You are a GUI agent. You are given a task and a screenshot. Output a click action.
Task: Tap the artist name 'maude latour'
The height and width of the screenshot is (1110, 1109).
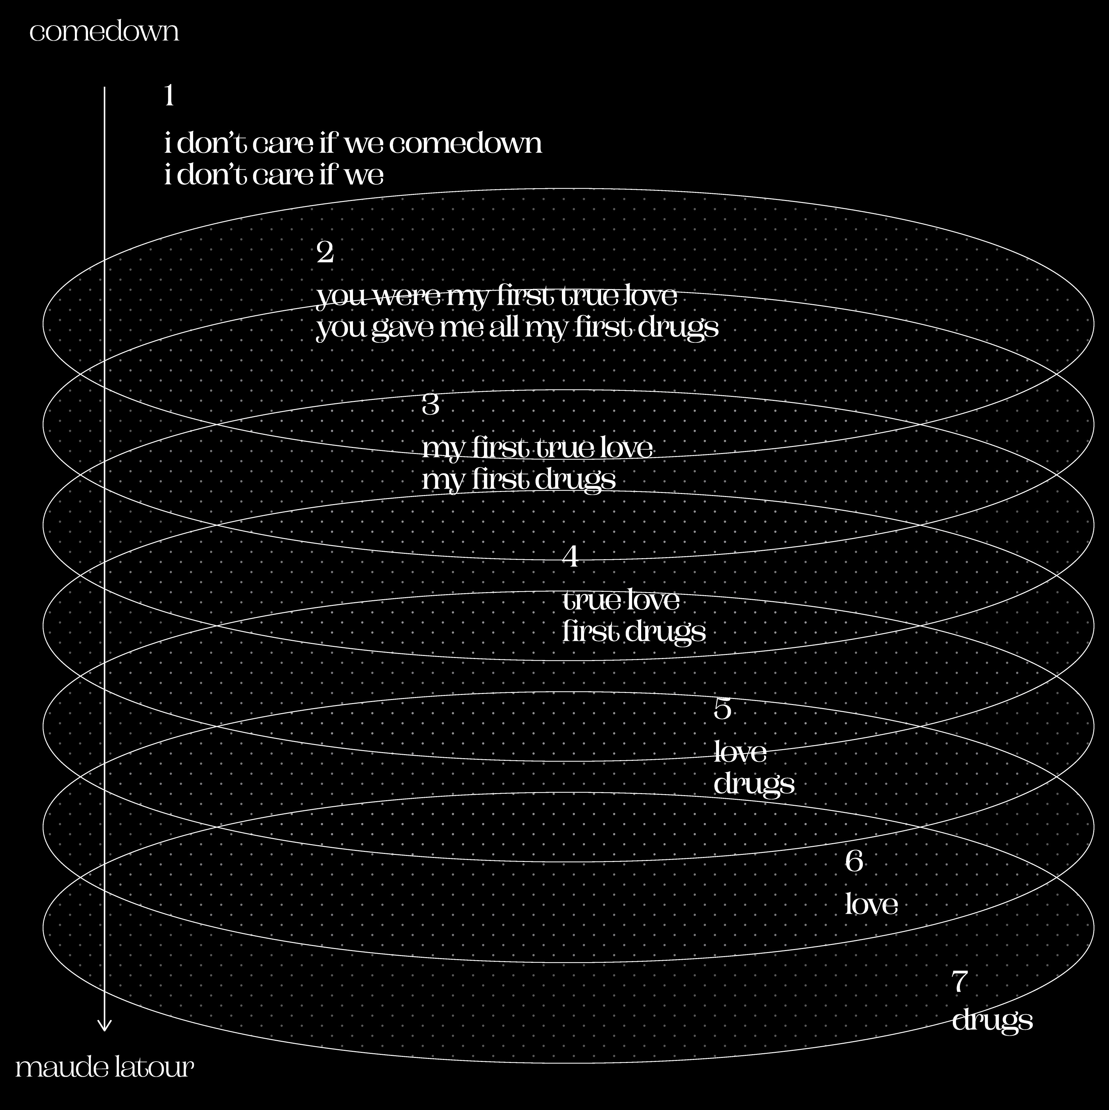[104, 1067]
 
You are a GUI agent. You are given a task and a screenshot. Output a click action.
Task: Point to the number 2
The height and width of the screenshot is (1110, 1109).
[325, 252]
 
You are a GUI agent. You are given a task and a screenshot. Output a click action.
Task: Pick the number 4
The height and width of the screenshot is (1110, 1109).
[570, 556]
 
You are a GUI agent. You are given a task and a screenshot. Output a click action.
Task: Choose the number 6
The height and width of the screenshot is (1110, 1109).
[854, 861]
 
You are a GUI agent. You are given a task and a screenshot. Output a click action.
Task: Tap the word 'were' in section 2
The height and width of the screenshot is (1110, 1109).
[408, 296]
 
